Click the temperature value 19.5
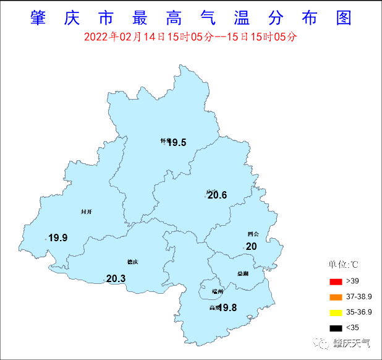coord(177,143)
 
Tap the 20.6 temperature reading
coord(217,195)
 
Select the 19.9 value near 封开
coord(58,238)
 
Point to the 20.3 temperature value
coord(116,279)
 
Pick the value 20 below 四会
coord(251,246)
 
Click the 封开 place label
coord(87,212)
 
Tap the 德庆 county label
coord(132,262)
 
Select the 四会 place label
coord(253,234)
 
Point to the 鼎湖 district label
coord(242,273)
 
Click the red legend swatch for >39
coord(335,281)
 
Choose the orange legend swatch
coord(335,297)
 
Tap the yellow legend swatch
coord(335,312)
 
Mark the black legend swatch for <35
coord(335,328)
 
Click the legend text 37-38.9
coord(359,297)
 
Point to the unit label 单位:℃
coord(344,265)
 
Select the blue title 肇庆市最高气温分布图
coord(190,18)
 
